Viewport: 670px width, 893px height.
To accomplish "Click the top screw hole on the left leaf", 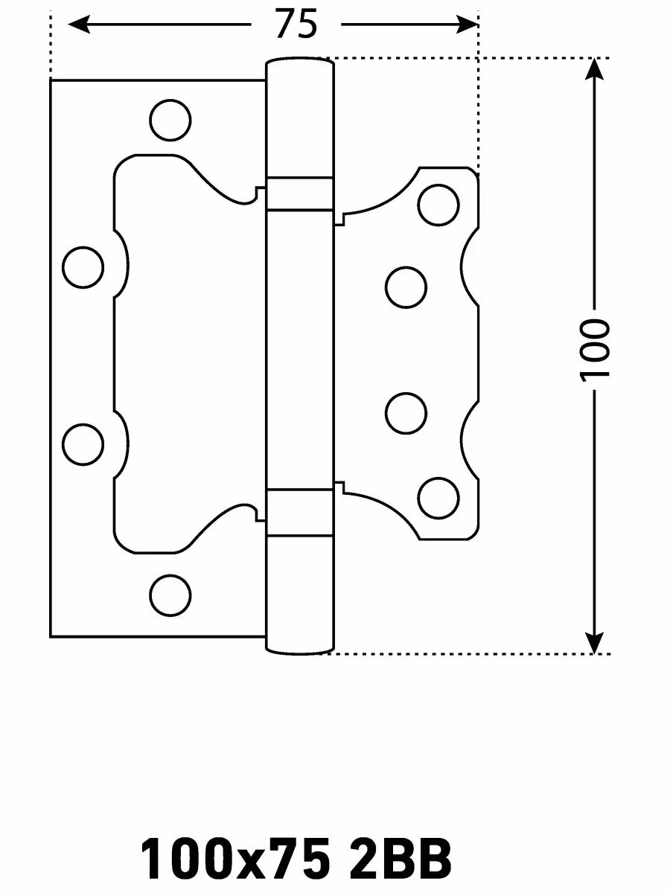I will coord(170,119).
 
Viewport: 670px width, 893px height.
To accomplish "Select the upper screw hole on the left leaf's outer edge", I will coord(83,267).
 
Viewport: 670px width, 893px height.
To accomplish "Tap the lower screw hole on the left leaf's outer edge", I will coord(83,444).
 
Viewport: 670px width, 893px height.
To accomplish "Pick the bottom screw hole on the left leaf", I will coord(170,595).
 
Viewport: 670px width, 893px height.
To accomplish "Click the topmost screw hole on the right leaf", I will coord(438,205).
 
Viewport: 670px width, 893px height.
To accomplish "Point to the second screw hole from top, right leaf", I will coord(406,287).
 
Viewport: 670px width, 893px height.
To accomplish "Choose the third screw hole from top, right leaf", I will coord(406,412).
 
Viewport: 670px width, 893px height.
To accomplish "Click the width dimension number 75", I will coord(296,25).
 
